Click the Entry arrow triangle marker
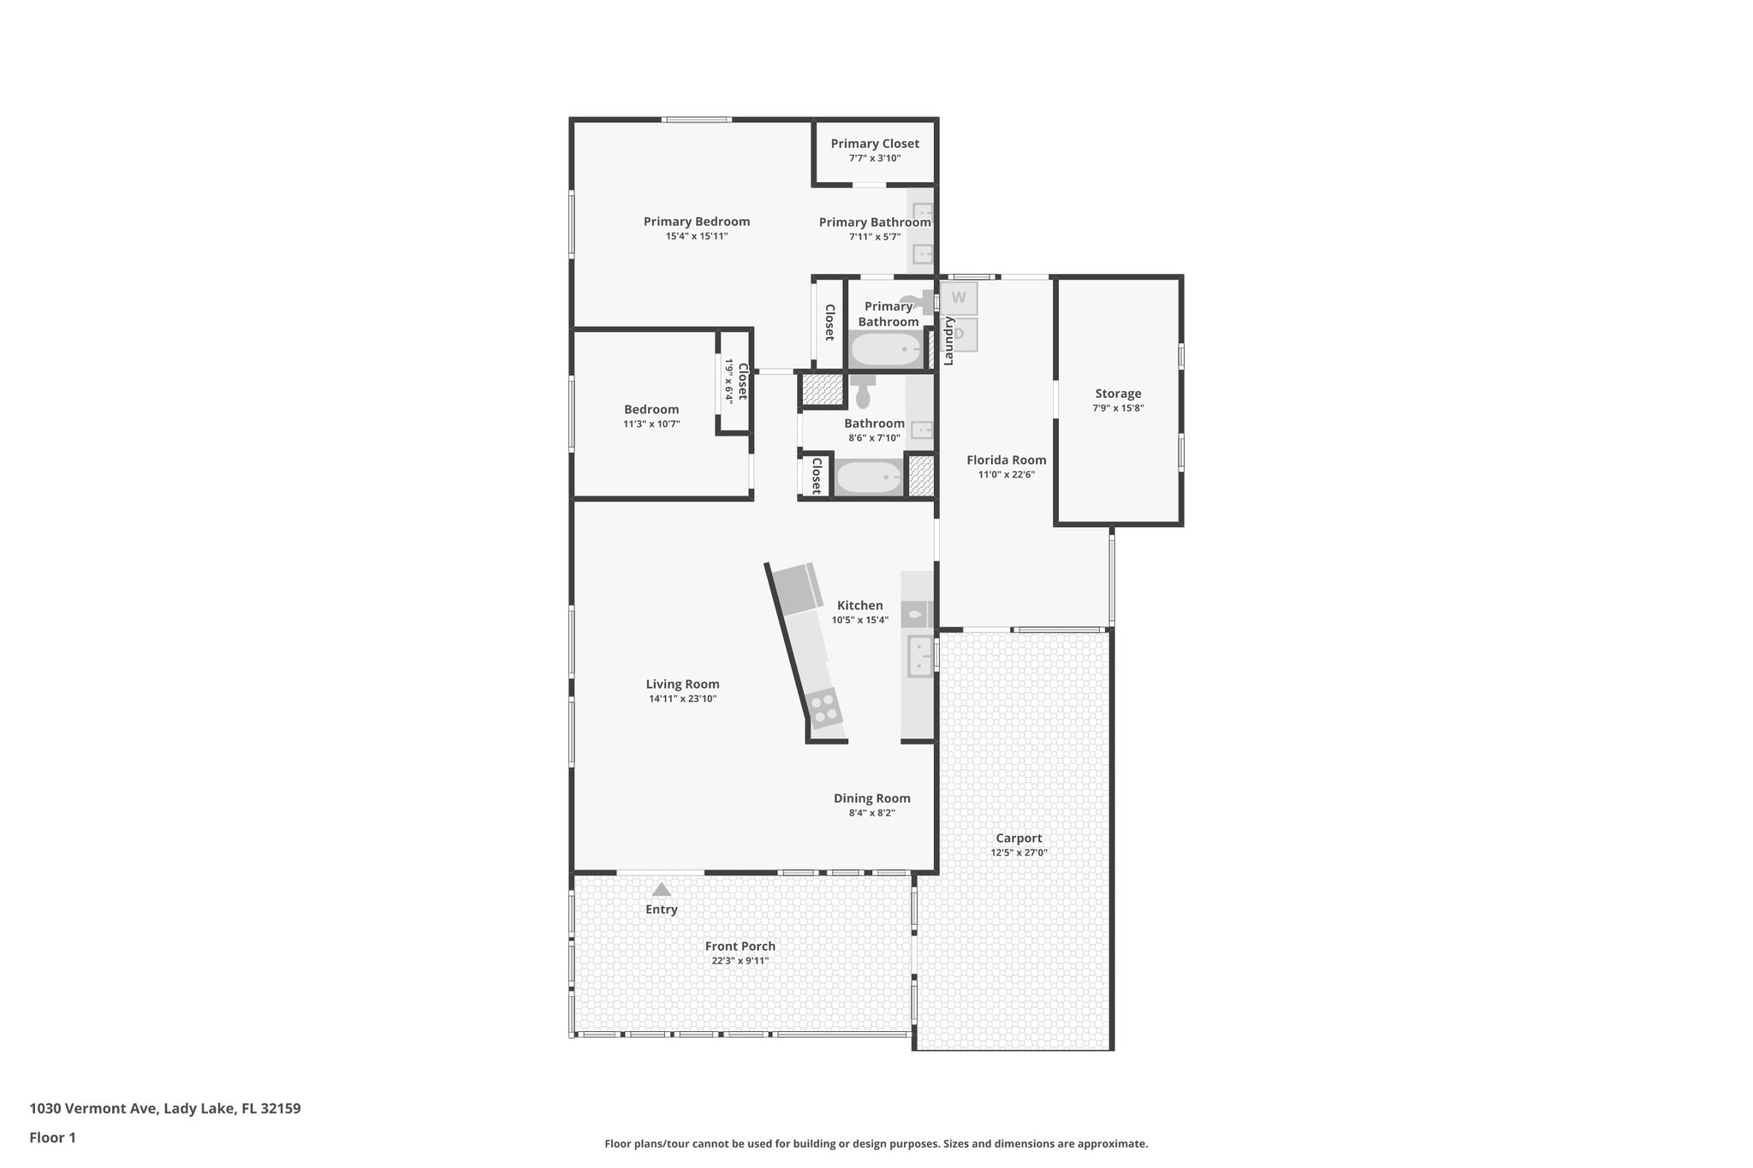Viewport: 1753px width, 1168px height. pos(661,890)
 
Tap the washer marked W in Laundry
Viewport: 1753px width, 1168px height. pos(959,298)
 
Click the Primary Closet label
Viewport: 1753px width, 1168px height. pos(875,144)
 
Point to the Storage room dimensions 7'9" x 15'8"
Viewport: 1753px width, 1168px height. pos(1118,408)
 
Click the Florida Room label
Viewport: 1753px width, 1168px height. pos(1006,460)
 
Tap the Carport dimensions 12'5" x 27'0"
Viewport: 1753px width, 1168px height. pos(1019,852)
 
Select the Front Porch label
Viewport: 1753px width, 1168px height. pos(740,946)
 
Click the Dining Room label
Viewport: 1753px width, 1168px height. pos(871,798)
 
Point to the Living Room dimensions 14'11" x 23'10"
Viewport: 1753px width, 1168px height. pos(682,698)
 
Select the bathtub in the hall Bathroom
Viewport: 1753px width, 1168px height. pos(868,477)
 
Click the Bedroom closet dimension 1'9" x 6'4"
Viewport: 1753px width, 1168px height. pos(729,380)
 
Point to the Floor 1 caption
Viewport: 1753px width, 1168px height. pos(53,1137)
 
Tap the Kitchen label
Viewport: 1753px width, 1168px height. pos(859,606)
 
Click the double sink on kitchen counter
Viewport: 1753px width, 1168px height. pos(920,655)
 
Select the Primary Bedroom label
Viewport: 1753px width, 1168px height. pos(696,222)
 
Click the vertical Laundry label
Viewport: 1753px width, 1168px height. pos(948,341)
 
